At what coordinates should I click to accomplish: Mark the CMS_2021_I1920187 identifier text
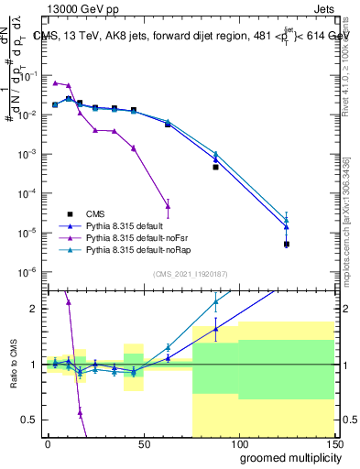pyautogui.click(x=191, y=274)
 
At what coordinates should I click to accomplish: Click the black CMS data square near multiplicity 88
pyautogui.click(x=215, y=167)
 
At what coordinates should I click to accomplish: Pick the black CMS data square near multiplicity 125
pyautogui.click(x=287, y=244)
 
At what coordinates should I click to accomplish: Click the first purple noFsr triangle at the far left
pyautogui.click(x=55, y=82)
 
